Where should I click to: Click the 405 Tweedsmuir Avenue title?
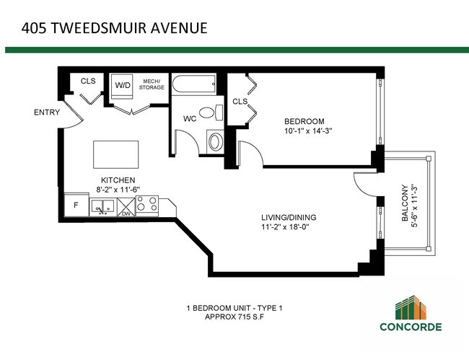pos(115,28)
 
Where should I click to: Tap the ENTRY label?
pos(46,112)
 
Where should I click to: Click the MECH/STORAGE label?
pos(152,84)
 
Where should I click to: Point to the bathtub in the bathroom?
pos(193,86)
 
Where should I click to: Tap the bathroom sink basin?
pos(215,141)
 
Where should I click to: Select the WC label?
pos(190,118)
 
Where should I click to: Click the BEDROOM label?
pos(304,120)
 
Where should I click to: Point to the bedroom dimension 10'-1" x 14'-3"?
pos(312,131)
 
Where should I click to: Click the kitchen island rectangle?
pos(115,154)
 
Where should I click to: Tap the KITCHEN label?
pos(118,180)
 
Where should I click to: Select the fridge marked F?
pos(76,206)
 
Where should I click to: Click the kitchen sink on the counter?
pos(101,207)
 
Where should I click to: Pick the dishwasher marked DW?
pos(124,207)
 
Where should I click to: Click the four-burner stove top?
pos(146,206)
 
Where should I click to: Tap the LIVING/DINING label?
pos(289,218)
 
